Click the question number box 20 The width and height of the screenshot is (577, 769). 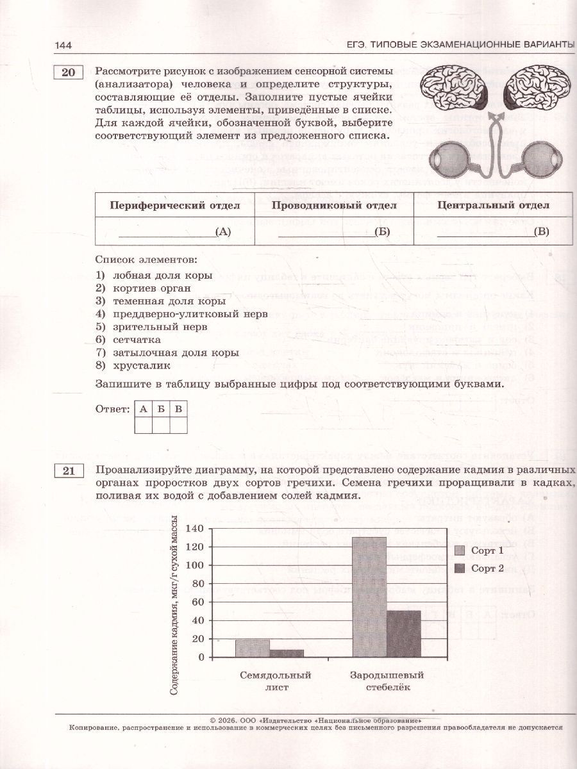click(68, 72)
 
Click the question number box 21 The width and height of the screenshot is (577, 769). click(68, 472)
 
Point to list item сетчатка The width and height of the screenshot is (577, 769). click(137, 340)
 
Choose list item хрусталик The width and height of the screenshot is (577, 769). click(142, 365)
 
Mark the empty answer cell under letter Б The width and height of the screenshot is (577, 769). click(161, 426)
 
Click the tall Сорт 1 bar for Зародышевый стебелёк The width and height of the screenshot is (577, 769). click(369, 596)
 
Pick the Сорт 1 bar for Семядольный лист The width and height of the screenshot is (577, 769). click(253, 648)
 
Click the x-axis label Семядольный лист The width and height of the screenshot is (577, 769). click(275, 681)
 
